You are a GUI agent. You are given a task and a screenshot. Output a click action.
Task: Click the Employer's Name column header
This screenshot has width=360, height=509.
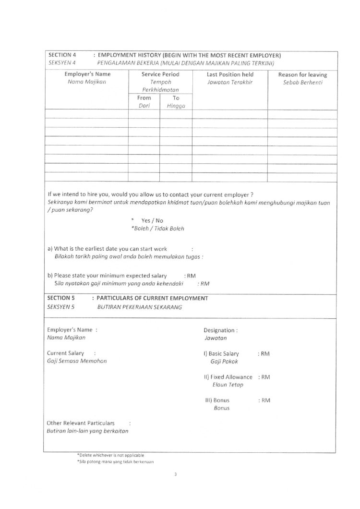pos(87,74)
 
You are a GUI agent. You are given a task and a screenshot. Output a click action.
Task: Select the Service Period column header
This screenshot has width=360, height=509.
pos(160,74)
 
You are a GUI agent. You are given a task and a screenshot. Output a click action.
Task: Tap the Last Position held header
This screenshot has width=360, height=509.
pos(230,74)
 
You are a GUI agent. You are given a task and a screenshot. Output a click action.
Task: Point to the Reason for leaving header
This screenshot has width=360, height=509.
pos(302,74)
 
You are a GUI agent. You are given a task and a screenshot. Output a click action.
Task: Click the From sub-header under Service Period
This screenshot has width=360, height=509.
pos(144,97)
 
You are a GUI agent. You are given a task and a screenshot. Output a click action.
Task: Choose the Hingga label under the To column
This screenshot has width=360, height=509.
pos(176,106)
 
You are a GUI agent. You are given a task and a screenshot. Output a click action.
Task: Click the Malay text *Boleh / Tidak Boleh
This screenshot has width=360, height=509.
pos(157,229)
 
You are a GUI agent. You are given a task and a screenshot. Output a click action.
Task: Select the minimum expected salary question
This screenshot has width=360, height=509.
pos(107,276)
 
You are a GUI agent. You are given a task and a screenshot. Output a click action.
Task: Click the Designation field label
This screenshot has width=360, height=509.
pos(220,330)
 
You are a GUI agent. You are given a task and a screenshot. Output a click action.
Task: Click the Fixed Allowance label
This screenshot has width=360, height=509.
pos(228,377)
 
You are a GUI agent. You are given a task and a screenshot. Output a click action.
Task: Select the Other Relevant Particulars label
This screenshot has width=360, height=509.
pos(81,423)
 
